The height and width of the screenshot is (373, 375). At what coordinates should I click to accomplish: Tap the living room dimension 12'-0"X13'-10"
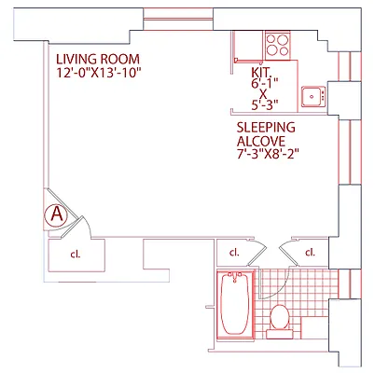click(104, 72)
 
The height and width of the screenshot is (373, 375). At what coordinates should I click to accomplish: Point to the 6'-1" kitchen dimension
click(264, 83)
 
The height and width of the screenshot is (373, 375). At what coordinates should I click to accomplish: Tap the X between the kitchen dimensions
click(264, 94)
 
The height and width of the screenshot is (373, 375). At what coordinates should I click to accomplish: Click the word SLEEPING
click(266, 126)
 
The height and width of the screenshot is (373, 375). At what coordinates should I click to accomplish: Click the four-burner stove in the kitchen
click(278, 43)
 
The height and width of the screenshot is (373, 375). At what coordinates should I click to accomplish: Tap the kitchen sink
click(312, 95)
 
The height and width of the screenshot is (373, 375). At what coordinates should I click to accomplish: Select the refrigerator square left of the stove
click(247, 46)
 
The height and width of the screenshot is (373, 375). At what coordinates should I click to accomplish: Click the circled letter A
click(56, 214)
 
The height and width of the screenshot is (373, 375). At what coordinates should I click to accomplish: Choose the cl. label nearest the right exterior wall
click(309, 252)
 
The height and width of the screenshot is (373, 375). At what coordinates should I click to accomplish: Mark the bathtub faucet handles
click(234, 277)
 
